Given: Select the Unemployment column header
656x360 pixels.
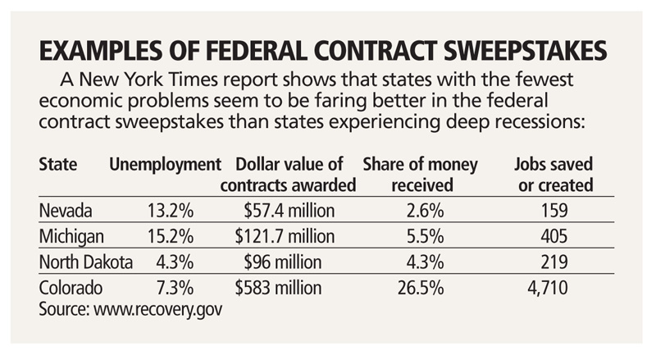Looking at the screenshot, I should [166, 163].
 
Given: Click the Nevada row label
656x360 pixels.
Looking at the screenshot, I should [65, 212].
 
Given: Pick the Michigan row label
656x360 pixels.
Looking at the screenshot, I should [71, 237].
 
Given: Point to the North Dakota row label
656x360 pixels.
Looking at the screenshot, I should [85, 262].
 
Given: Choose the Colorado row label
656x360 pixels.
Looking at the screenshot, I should [70, 288].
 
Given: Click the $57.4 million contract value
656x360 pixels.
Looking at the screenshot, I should [289, 212].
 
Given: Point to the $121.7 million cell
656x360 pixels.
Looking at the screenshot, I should [285, 237].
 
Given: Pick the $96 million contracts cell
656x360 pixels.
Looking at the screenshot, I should [295, 262].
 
